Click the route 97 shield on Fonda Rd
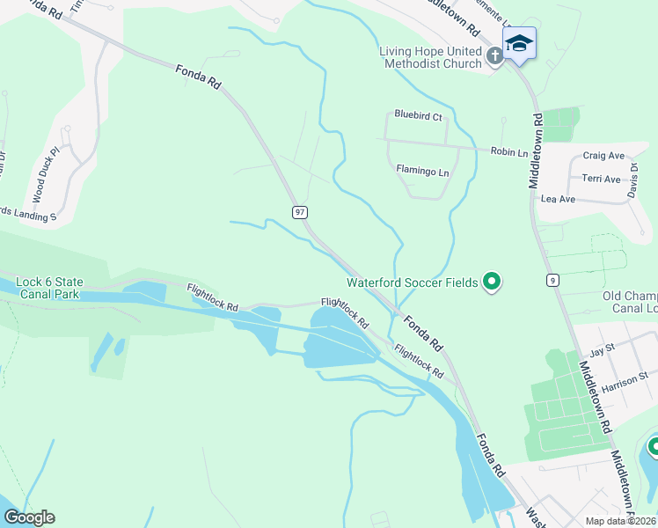[x=300, y=212]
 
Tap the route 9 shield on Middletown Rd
[x=552, y=280]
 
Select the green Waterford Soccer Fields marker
[x=493, y=282]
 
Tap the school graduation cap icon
[x=519, y=43]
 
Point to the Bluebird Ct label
[x=418, y=115]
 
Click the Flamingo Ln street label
[x=422, y=172]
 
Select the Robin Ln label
[x=509, y=152]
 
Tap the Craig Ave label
[x=603, y=156]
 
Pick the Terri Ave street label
[x=601, y=179]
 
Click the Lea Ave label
[x=558, y=200]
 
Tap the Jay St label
[x=603, y=349]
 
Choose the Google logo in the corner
[x=28, y=517]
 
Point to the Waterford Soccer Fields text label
[x=412, y=282]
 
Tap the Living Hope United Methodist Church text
[x=431, y=57]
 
